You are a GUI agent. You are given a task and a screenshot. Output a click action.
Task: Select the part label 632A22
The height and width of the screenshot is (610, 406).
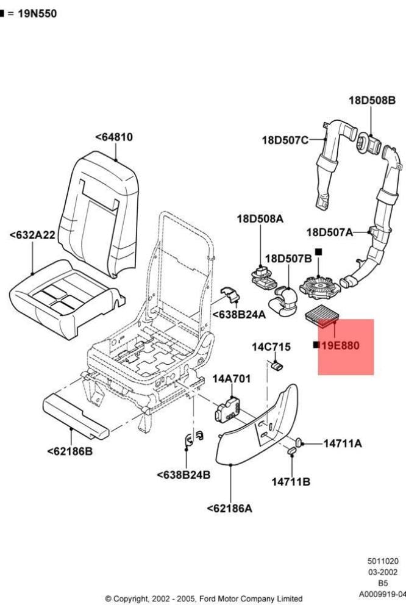click(x=32, y=235)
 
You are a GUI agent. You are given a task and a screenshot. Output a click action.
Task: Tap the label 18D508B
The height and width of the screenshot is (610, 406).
click(x=372, y=101)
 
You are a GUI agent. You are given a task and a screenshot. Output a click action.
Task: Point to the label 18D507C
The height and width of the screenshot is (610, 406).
click(x=285, y=140)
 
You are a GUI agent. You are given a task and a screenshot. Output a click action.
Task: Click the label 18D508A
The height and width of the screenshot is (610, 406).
click(x=260, y=219)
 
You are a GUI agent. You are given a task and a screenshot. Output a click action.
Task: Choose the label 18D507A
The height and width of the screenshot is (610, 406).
click(x=329, y=232)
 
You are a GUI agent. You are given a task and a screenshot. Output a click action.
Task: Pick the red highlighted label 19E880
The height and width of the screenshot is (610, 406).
click(x=340, y=345)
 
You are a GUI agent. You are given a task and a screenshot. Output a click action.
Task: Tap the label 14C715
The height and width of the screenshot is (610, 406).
click(x=271, y=346)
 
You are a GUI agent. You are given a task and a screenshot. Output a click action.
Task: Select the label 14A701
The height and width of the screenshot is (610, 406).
click(x=232, y=379)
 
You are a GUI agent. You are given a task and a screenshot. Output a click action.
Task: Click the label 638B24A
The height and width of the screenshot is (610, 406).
click(x=239, y=315)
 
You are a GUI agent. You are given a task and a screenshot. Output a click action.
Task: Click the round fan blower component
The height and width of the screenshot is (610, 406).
click(x=319, y=284)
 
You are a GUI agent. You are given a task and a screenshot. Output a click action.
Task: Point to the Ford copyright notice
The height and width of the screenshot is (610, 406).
click(x=204, y=598)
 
